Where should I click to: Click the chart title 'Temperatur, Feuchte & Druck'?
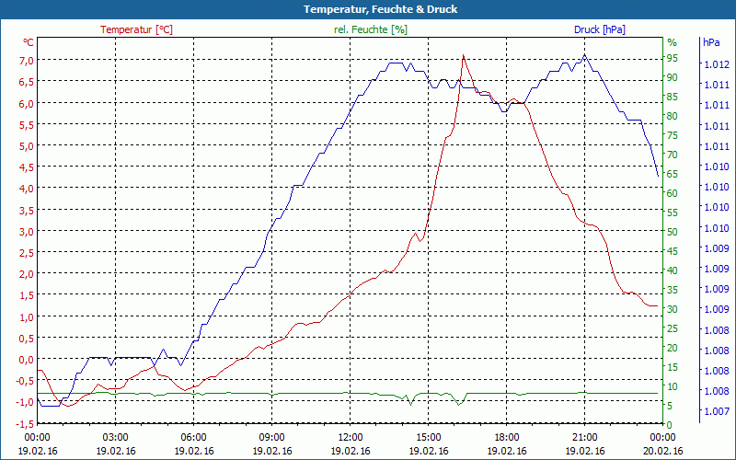click(368, 9)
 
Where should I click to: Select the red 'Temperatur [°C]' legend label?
click(136, 29)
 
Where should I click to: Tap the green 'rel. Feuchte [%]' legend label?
click(370, 29)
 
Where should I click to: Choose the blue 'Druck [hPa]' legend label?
click(599, 29)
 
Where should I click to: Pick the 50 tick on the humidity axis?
click(673, 232)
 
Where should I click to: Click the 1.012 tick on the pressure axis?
click(717, 64)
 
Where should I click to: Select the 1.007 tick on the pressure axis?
click(717, 411)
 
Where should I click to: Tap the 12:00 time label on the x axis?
click(351, 437)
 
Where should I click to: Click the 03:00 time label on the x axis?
click(115, 437)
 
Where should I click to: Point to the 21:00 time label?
click(585, 437)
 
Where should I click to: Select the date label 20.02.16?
click(663, 451)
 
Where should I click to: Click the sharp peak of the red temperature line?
click(463, 56)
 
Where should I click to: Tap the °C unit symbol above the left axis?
click(29, 42)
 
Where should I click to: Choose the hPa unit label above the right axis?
click(711, 42)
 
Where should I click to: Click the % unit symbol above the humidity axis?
click(672, 42)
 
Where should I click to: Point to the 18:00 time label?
click(507, 437)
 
